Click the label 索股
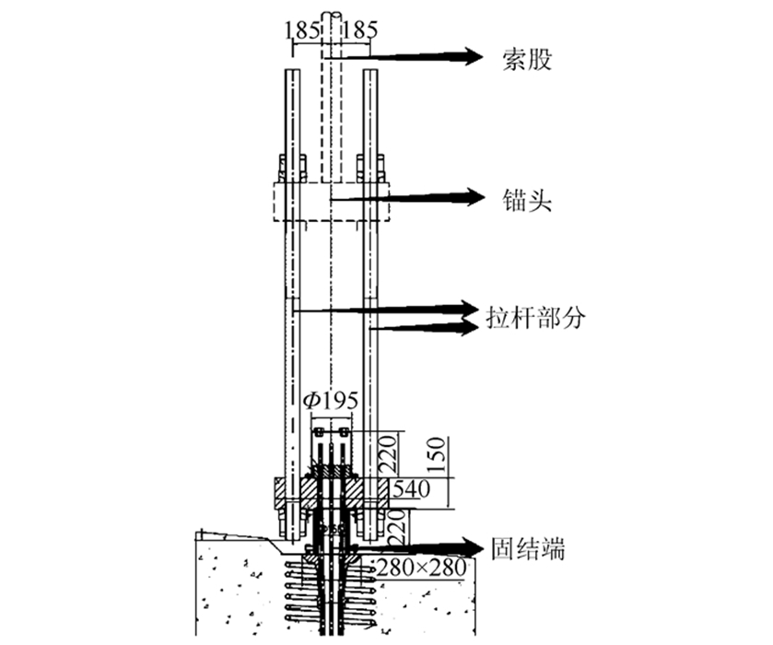tap(526, 60)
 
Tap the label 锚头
tap(526, 200)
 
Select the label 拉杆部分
tap(536, 317)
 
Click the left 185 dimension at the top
tap(301, 30)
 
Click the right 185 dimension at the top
tap(360, 30)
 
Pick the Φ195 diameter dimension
tap(331, 400)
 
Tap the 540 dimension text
tap(411, 488)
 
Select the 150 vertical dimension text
tap(437, 454)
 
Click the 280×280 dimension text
tap(421, 568)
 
